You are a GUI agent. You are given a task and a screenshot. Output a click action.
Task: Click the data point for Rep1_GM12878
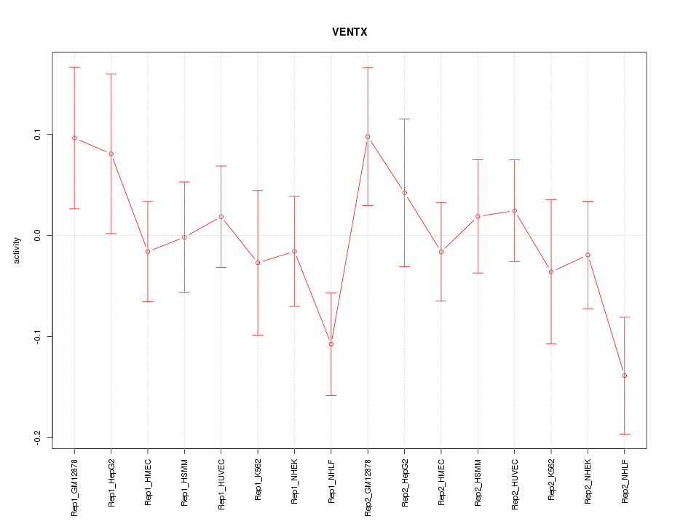[x=74, y=138]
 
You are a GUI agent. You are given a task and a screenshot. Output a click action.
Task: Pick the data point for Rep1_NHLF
[x=331, y=344]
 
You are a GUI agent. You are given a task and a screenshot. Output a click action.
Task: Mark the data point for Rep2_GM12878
[x=368, y=136]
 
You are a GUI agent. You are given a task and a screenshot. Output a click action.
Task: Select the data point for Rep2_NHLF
[x=625, y=376]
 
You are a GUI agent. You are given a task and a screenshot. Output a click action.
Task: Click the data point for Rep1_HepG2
[x=111, y=154]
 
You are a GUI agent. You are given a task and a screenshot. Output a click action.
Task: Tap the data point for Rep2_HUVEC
[x=514, y=210]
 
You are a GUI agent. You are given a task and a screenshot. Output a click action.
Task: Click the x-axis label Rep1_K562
[x=258, y=484]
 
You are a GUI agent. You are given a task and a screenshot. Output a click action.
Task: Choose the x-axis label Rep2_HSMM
[x=478, y=484]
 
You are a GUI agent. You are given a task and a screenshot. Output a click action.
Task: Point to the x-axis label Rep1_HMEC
[x=148, y=484]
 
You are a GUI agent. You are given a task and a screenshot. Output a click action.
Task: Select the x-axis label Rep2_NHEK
[x=588, y=484]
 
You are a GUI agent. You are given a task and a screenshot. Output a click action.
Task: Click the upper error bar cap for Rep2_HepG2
[x=404, y=119]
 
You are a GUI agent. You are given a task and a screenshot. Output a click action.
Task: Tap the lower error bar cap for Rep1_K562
[x=258, y=335]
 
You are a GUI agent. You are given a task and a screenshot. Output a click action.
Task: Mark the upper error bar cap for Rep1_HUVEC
[x=221, y=166]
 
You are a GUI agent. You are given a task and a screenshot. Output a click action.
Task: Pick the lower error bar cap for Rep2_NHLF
[x=625, y=434]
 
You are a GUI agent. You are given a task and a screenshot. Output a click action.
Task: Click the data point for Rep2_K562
[x=551, y=271]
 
